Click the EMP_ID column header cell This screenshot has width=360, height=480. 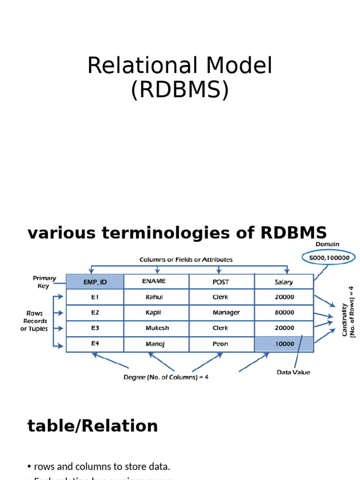pyautogui.click(x=95, y=282)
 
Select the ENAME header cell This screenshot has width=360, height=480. pyautogui.click(x=156, y=282)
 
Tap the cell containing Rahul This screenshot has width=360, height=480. pyautogui.click(x=156, y=297)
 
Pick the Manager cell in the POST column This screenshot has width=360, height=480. pyautogui.click(x=222, y=313)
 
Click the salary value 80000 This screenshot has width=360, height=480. pyautogui.click(x=284, y=313)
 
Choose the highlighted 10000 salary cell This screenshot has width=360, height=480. pyautogui.click(x=284, y=344)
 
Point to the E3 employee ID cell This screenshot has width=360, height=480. pyautogui.click(x=95, y=328)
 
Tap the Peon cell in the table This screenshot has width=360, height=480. pyautogui.click(x=222, y=344)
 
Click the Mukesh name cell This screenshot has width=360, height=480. pyautogui.click(x=156, y=328)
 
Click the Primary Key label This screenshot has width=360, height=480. pyautogui.click(x=45, y=282)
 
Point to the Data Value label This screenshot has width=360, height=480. pyautogui.click(x=293, y=372)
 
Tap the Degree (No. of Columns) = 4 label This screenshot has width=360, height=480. pyautogui.click(x=166, y=376)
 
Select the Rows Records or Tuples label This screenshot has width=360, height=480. pyautogui.click(x=35, y=321)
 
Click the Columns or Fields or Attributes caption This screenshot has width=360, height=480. pyautogui.click(x=186, y=259)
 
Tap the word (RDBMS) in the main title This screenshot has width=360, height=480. pyautogui.click(x=180, y=90)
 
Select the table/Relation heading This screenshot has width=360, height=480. pyautogui.click(x=93, y=426)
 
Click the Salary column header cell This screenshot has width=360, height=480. pyautogui.click(x=284, y=282)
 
